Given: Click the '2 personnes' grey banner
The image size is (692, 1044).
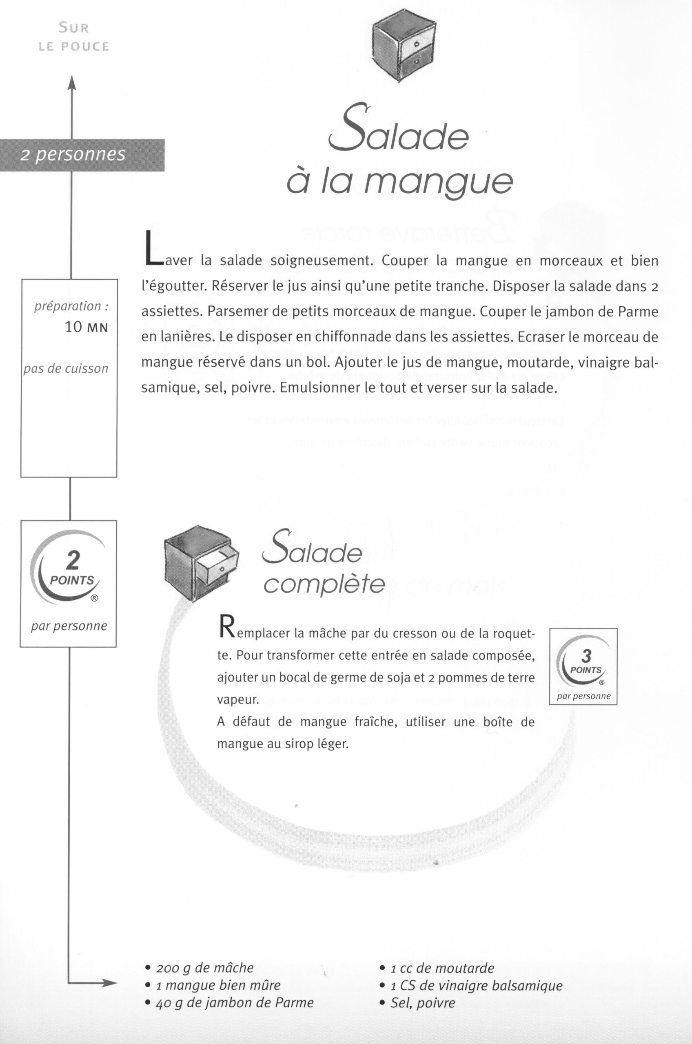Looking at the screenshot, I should click(82, 155).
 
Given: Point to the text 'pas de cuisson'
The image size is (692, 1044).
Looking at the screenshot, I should click(66, 368).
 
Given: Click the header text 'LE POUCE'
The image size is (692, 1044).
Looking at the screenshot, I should click(74, 47).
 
